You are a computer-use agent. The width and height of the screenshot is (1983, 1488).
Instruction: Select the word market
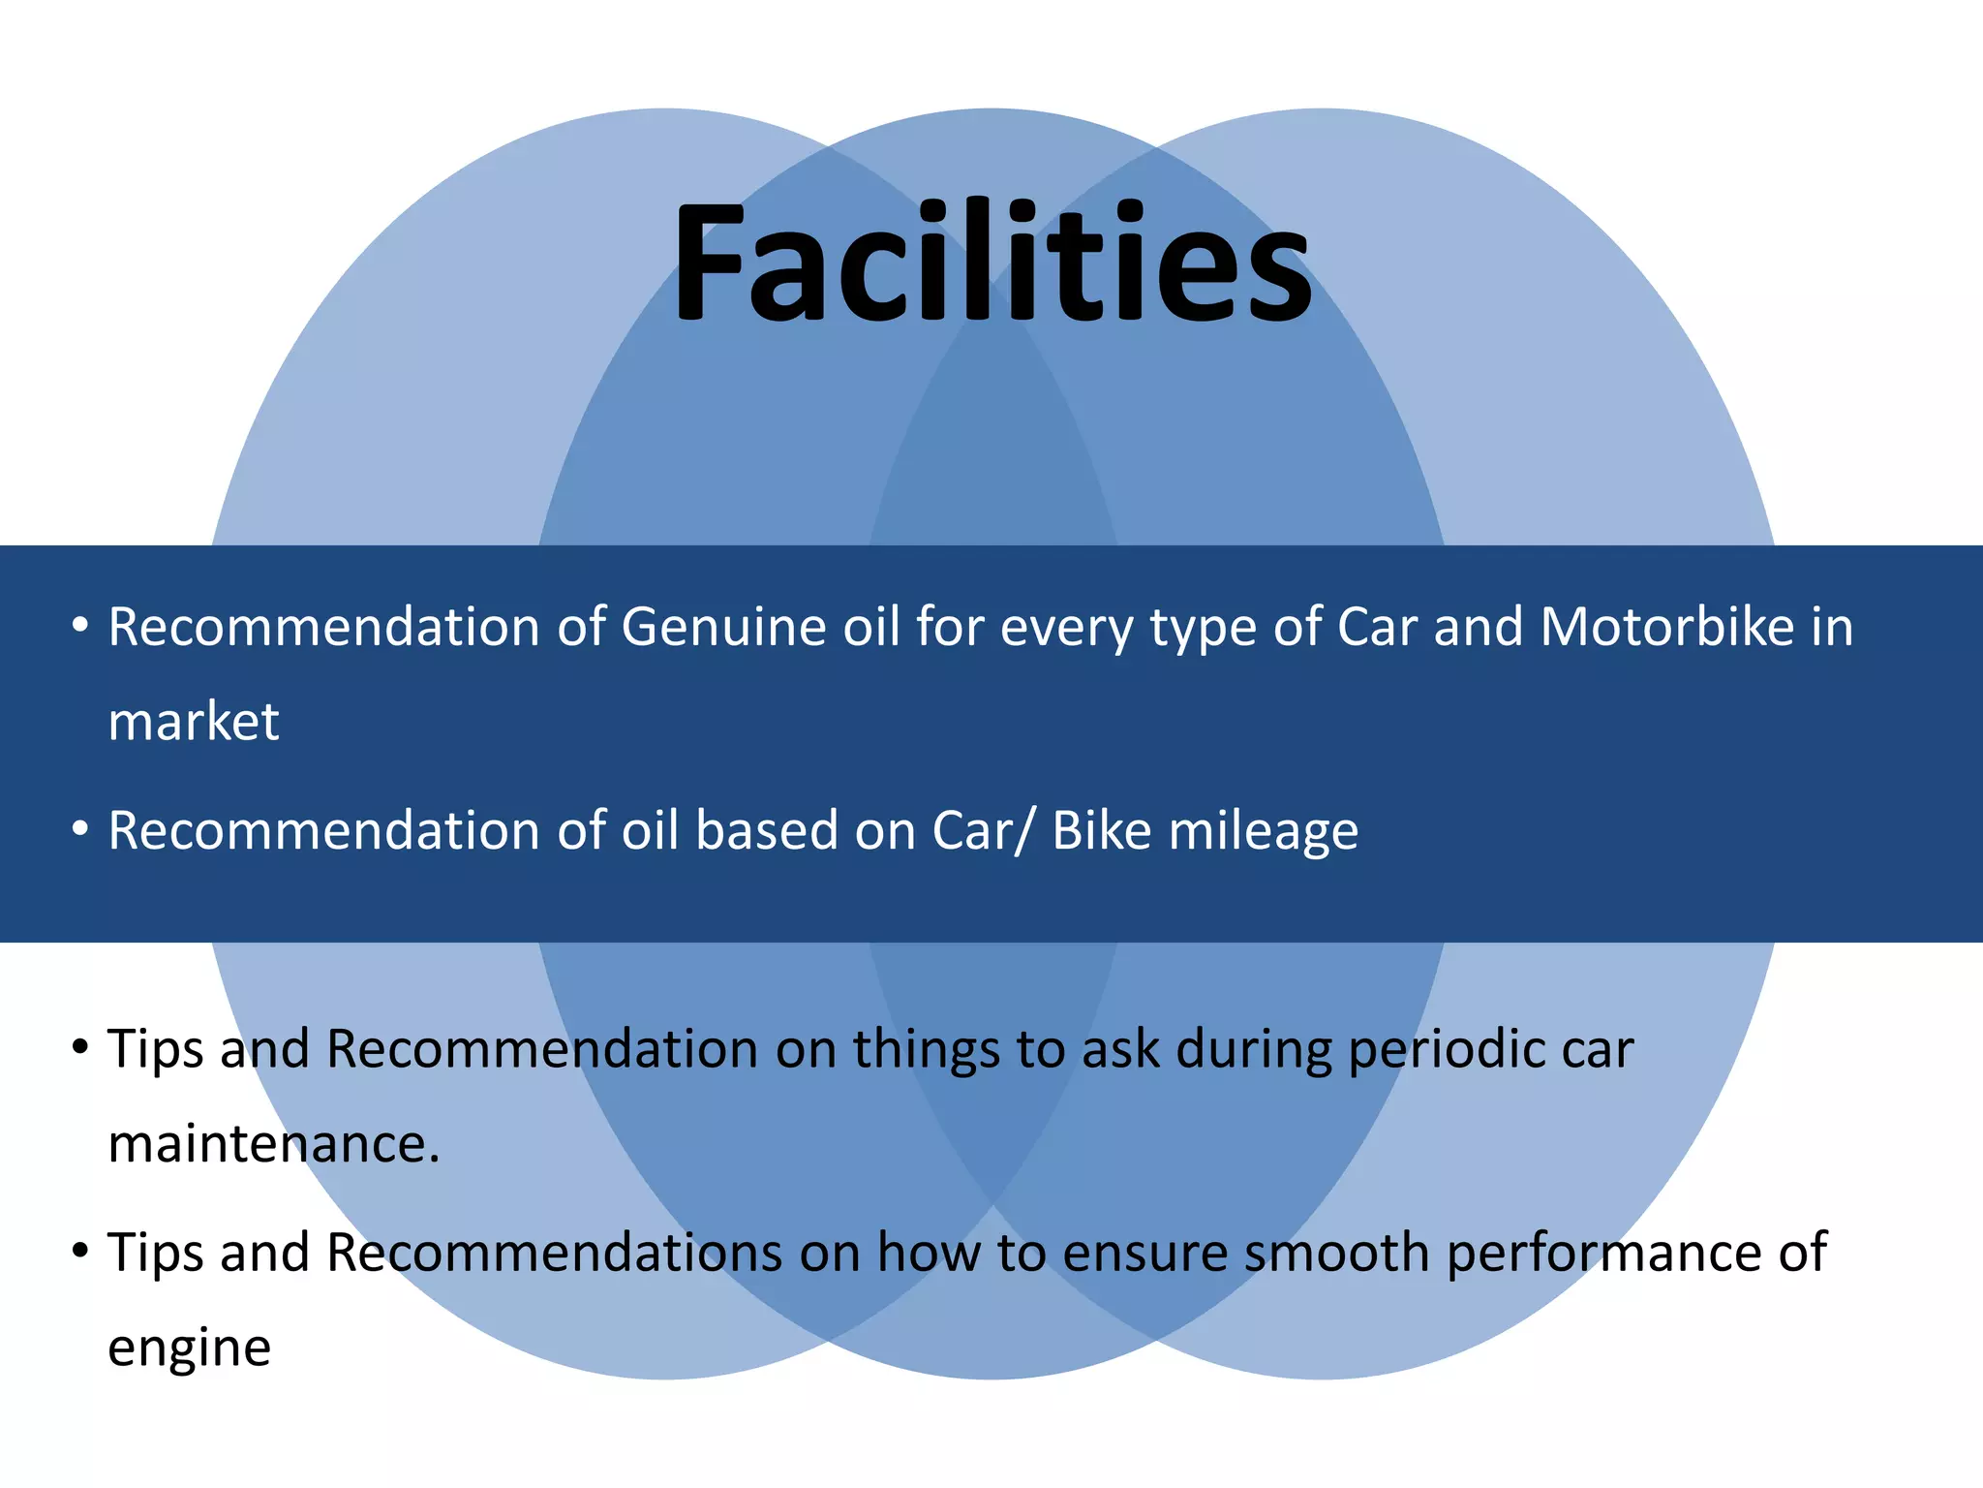[194, 722]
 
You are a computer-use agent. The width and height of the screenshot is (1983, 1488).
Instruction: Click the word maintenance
[274, 1144]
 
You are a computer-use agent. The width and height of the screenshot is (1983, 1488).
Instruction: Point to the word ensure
[1144, 1253]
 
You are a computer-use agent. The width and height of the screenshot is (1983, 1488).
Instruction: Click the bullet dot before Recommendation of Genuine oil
[80, 625]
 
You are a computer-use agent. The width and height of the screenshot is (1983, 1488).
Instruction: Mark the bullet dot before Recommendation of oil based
[80, 829]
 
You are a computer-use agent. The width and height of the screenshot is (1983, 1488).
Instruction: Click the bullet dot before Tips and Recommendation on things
[80, 1047]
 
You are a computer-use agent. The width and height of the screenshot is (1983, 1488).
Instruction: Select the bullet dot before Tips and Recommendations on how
[80, 1251]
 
